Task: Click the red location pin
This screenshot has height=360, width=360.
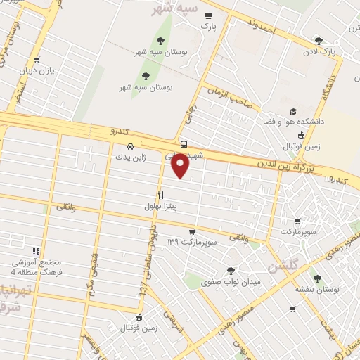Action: click(x=181, y=167)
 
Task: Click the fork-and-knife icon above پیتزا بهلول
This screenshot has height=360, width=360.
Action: click(x=160, y=195)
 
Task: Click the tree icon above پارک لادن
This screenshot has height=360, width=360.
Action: click(x=319, y=41)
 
